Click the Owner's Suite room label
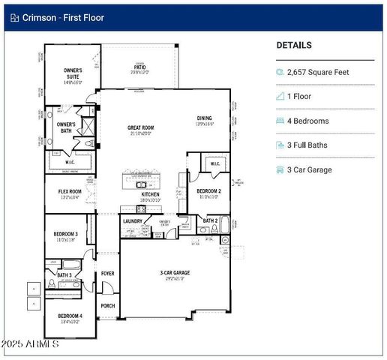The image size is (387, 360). pos(72,74)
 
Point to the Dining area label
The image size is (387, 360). pos(204,119)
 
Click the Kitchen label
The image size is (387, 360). pos(151,195)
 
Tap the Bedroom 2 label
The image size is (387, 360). pos(208,193)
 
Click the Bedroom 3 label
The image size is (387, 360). pos(65,237)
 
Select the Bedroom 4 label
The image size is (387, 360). pos(70,317)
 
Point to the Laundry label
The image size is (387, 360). pos(133,221)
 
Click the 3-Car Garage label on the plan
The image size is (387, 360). pos(174,274)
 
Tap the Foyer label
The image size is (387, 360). pos(108,274)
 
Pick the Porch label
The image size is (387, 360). pos(108,306)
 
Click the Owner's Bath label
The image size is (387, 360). pos(66,127)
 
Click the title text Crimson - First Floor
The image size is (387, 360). pos(63,16)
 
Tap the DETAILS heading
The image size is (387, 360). pos(294,46)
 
